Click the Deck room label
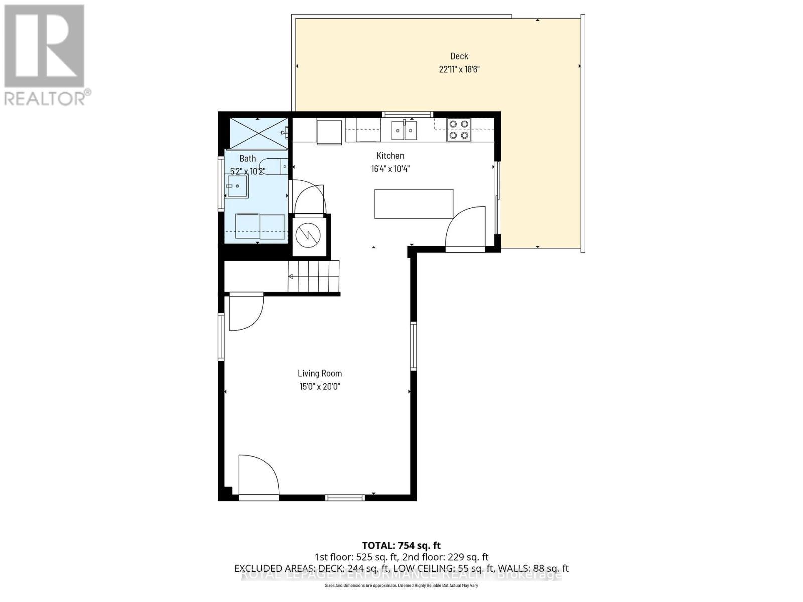[459, 56]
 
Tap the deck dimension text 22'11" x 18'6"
[459, 69]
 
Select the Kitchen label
[390, 156]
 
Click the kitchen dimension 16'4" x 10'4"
[390, 169]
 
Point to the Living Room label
[319, 373]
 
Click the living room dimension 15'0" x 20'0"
[319, 387]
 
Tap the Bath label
[247, 158]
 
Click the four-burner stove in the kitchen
[458, 129]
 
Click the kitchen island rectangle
[414, 204]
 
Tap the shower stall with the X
[258, 133]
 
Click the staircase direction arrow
[291, 276]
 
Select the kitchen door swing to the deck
[465, 227]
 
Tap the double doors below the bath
[309, 197]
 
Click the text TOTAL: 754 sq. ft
[401, 545]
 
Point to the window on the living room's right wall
[414, 346]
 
